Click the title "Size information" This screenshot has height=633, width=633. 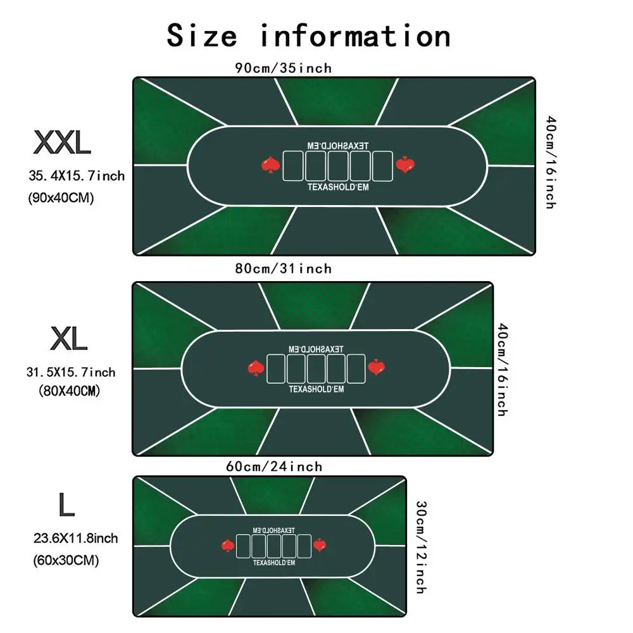[x=309, y=35]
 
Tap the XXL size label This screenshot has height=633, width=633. [x=62, y=142]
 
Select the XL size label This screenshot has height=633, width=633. [x=68, y=338]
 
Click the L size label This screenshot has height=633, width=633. [x=66, y=505]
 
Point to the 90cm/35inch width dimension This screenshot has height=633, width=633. [x=284, y=68]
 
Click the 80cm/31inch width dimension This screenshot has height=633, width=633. [x=284, y=268]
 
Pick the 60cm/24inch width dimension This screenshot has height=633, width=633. [x=274, y=467]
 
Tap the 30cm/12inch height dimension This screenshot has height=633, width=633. [x=421, y=548]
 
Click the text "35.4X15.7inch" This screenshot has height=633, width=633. [x=77, y=176]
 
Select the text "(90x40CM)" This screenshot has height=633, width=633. [x=61, y=197]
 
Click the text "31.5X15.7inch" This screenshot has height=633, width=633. [x=71, y=372]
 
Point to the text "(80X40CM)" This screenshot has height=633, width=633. [x=69, y=391]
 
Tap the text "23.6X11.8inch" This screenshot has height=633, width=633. [x=75, y=538]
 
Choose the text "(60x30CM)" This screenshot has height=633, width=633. [x=66, y=560]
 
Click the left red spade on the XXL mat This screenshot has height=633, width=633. [x=270, y=165]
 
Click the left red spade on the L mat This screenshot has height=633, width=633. [x=228, y=546]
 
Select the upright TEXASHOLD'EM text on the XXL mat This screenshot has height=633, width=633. [x=338, y=187]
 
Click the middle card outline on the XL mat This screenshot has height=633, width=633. [x=316, y=368]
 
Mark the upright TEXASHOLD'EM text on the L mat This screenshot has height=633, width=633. [x=274, y=562]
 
